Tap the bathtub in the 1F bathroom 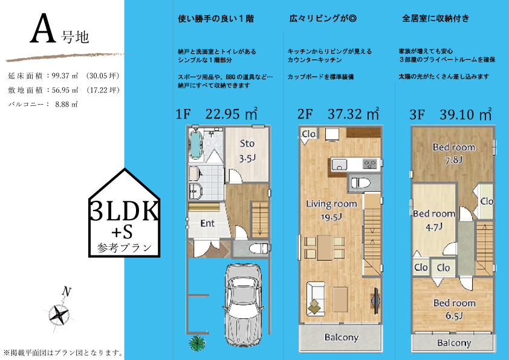click(196, 144)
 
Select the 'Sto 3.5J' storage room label click(247, 151)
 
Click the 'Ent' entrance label click(207, 223)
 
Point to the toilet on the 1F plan click(259, 248)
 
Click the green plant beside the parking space click(197, 343)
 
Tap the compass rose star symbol click(59, 314)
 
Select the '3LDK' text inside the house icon click(125, 211)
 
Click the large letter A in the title click(42, 28)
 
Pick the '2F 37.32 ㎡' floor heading click(338, 114)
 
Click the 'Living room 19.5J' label click(331, 210)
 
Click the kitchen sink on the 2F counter click(339, 165)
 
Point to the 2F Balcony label click(342, 337)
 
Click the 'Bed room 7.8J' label click(454, 153)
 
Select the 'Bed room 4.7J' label click(434, 220)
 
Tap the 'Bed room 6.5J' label click(455, 309)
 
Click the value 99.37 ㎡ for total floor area click(65, 76)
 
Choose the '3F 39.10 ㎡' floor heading click(450, 114)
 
